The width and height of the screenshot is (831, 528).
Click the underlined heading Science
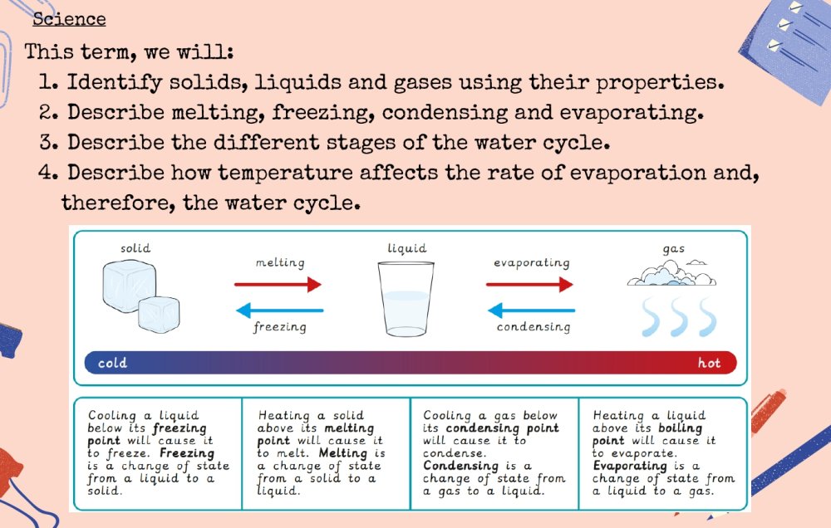[x=69, y=19]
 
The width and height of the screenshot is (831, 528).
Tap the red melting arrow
[x=278, y=285]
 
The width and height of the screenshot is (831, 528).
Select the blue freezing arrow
[x=279, y=310]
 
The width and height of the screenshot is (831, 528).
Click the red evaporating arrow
[x=529, y=285]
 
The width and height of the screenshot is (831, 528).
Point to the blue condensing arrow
[x=531, y=310]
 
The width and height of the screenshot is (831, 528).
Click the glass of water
[x=406, y=299]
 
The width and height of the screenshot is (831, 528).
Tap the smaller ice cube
[x=159, y=315]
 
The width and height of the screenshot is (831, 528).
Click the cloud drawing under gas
[x=671, y=273]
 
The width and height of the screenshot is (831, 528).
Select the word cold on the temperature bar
[x=112, y=364]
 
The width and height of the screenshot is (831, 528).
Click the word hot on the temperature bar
[x=709, y=364]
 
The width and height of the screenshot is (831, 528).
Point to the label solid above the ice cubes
[x=135, y=248]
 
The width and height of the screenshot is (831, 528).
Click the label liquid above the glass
[x=406, y=248]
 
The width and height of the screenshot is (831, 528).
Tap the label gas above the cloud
[x=674, y=249]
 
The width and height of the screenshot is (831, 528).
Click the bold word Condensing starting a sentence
[x=460, y=466]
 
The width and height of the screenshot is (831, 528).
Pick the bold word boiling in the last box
[x=680, y=428]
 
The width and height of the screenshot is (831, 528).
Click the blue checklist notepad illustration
[x=788, y=47]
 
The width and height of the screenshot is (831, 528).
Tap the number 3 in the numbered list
[x=47, y=143]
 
